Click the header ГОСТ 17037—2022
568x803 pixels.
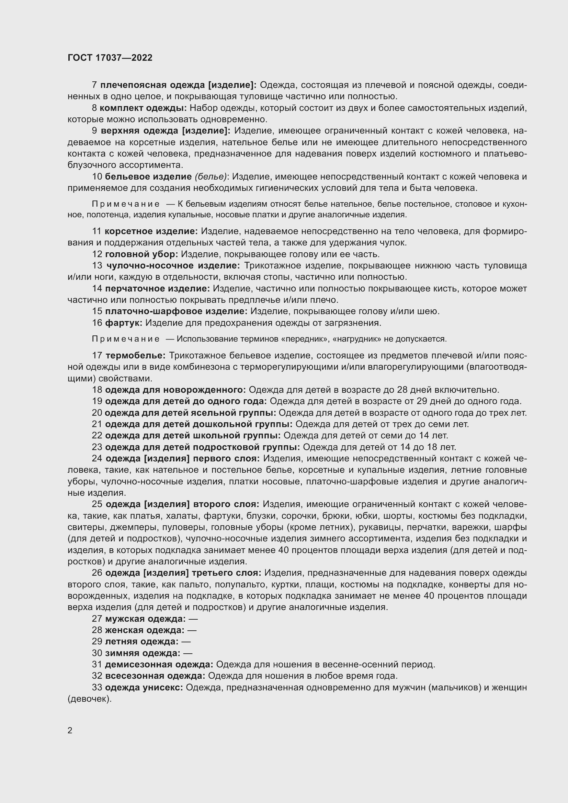point(110,58)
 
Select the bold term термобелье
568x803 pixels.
point(135,356)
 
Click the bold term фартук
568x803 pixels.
point(124,323)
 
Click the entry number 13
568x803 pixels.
point(97,266)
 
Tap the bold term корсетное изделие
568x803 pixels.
point(151,231)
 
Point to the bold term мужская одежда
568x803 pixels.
point(145,619)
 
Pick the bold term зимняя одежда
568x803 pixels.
point(143,653)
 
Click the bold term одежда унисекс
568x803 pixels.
point(144,688)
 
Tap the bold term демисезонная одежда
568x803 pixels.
point(159,665)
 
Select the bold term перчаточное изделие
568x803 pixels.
point(157,288)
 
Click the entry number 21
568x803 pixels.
point(97,424)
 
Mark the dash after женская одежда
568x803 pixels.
point(192,630)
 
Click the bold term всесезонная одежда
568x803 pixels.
point(155,676)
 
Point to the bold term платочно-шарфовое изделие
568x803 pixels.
point(176,311)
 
